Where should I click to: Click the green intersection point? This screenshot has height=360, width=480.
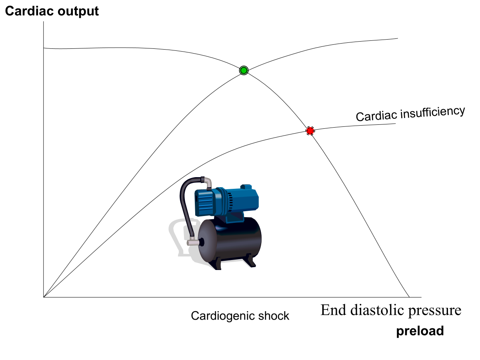point(244,70)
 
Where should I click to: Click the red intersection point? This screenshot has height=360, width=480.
point(310,130)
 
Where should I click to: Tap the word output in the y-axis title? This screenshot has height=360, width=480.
point(77,11)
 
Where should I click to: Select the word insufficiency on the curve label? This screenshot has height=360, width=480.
point(434,112)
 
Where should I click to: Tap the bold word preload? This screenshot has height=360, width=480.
point(420,331)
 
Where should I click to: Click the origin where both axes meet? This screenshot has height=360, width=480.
point(43,297)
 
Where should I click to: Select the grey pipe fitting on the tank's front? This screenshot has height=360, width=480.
point(193,242)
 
